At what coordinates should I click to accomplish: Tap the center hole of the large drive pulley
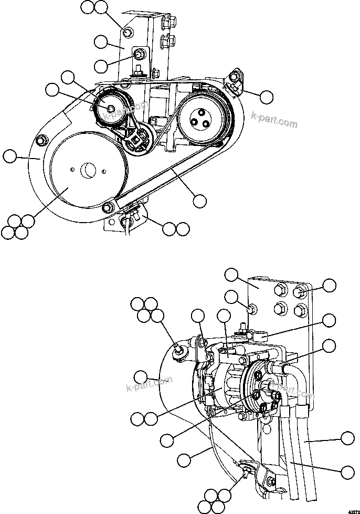click(x=87, y=170)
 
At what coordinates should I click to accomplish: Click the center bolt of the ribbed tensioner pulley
click(x=111, y=108)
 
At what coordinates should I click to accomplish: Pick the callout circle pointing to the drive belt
click(x=200, y=201)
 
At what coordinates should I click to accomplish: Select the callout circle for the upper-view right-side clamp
click(x=267, y=97)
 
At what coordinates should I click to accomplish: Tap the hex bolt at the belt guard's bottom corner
click(x=108, y=207)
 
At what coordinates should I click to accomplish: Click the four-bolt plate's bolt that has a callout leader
click(x=300, y=292)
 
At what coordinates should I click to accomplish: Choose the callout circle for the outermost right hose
click(x=346, y=439)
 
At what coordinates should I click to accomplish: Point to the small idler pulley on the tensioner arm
click(x=140, y=141)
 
